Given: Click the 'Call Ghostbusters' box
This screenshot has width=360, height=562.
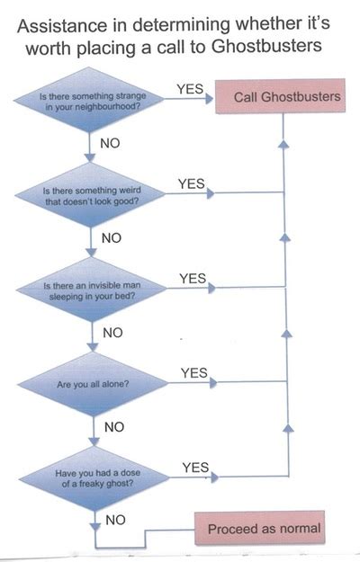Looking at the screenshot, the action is point(280,96).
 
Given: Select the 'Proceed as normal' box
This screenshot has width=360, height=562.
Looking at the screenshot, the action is point(260,529).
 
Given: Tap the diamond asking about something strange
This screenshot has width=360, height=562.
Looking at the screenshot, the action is point(89,100).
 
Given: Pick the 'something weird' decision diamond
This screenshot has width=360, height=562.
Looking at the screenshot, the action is point(90,194).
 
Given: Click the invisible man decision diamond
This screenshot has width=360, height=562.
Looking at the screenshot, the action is point(92,290).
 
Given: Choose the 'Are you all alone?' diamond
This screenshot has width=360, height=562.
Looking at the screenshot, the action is point(93,384).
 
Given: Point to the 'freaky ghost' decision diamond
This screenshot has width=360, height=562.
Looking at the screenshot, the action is point(94,478).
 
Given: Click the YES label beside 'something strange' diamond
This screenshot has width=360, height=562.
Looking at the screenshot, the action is point(190,89).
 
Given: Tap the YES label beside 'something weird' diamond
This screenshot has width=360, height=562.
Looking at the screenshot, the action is point(192,183).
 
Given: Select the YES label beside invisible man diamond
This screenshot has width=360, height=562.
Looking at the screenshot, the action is point(193,279).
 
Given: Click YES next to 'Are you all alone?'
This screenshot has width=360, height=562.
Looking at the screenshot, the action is point(194,373).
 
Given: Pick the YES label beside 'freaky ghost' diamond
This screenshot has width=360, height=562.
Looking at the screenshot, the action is point(195,468).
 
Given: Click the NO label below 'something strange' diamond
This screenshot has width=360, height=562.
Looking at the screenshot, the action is point(110,143).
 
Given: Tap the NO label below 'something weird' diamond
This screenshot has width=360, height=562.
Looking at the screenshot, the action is point(112,238).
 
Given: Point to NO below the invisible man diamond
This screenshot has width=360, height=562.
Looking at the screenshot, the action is point(112,333).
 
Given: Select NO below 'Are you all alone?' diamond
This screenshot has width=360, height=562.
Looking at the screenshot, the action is point(114,427).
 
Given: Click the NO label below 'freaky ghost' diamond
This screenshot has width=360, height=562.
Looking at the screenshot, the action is point(115,520).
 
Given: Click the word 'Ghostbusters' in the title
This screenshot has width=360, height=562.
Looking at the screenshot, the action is point(266,46).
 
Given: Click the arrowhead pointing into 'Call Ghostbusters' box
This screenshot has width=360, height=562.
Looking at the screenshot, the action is point(210,99).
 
